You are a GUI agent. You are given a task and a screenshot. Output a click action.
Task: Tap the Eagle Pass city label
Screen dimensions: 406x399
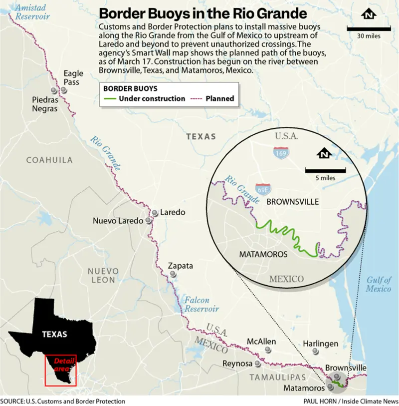73,78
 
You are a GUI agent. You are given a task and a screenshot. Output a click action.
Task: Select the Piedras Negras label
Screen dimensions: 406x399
45,104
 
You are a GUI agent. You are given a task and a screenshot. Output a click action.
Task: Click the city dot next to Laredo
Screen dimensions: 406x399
155,213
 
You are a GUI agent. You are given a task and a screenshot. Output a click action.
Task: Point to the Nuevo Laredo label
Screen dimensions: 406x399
118,221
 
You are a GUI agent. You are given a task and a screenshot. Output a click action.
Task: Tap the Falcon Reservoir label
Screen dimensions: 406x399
201,305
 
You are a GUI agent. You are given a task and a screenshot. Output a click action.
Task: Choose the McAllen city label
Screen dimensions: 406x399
261,342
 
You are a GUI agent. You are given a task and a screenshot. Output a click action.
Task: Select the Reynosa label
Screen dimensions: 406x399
237,364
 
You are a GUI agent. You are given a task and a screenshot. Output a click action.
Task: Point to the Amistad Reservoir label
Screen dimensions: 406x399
32,12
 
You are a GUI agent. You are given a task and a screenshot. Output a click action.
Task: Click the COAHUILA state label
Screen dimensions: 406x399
49,160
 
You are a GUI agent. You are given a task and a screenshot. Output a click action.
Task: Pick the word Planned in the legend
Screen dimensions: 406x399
220,99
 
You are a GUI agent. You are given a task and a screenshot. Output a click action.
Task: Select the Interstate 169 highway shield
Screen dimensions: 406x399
281,153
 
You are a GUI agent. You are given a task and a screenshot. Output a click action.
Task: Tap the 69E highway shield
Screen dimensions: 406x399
263,189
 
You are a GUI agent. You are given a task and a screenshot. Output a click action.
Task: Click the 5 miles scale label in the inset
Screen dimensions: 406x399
325,177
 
